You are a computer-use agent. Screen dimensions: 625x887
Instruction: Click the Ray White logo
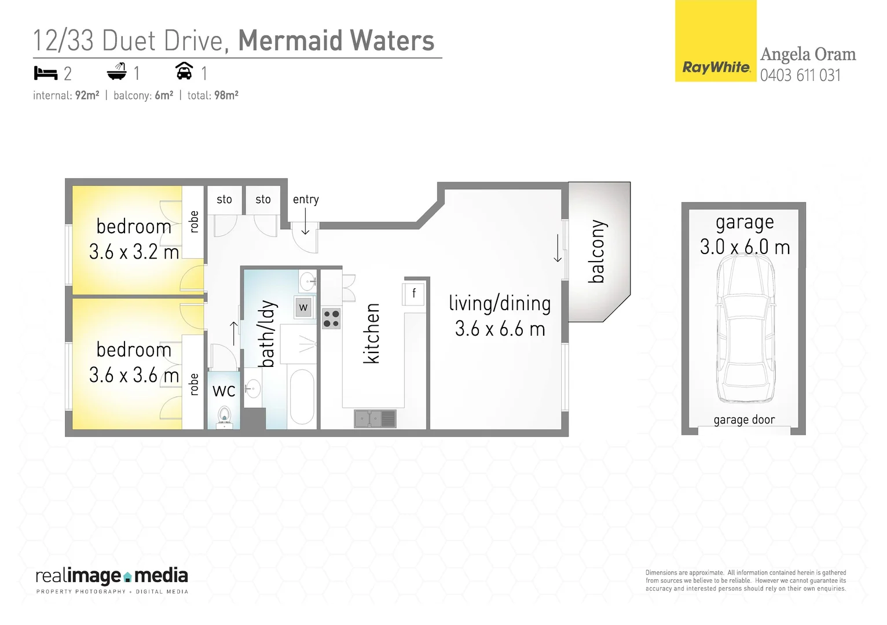pyautogui.click(x=716, y=67)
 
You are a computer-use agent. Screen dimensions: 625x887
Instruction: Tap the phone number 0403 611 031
pyautogui.click(x=800, y=75)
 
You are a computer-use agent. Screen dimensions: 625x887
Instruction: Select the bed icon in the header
pyautogui.click(x=46, y=73)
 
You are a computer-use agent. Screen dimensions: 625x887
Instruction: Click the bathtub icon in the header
pyautogui.click(x=116, y=72)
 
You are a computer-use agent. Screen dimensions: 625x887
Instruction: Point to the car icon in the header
pyautogui.click(x=184, y=71)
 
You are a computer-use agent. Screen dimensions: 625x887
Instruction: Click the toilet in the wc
pyautogui.click(x=224, y=416)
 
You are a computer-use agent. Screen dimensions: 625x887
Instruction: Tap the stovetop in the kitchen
pyautogui.click(x=331, y=319)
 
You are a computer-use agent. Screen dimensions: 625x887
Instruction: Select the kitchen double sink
pyautogui.click(x=375, y=418)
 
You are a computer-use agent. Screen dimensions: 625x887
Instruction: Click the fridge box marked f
pyautogui.click(x=413, y=293)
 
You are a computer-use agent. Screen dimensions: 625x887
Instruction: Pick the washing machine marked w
pyautogui.click(x=303, y=307)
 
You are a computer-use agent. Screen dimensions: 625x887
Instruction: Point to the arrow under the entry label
pyautogui.click(x=305, y=222)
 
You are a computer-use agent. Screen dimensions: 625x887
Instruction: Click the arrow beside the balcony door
pyautogui.click(x=558, y=248)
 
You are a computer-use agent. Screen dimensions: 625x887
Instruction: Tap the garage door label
pyautogui.click(x=744, y=420)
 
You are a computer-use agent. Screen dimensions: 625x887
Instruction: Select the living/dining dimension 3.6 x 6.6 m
pyautogui.click(x=500, y=329)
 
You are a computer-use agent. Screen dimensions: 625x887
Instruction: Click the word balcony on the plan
pyautogui.click(x=596, y=252)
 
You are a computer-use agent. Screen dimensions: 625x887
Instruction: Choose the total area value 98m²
pyautogui.click(x=226, y=95)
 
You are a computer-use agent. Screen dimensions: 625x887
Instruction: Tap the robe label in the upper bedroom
pyautogui.click(x=194, y=222)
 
